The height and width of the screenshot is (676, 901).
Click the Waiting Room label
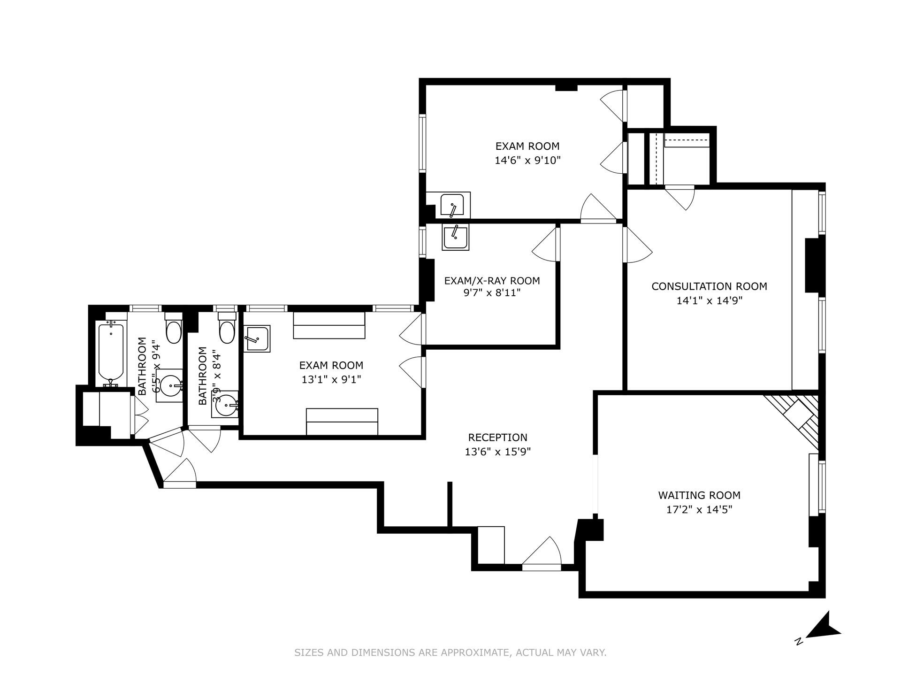(x=699, y=495)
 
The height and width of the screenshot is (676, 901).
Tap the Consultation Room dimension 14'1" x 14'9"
(x=709, y=300)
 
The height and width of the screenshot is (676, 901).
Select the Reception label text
(x=497, y=437)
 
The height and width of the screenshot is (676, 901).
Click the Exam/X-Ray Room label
(x=492, y=280)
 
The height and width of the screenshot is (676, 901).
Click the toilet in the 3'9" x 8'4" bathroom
(x=227, y=331)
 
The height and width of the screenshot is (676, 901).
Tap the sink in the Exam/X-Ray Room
(x=455, y=238)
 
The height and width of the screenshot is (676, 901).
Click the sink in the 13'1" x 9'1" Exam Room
(x=257, y=338)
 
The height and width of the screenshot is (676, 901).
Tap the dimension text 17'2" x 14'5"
(x=699, y=509)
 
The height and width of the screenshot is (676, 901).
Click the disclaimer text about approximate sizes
(x=450, y=653)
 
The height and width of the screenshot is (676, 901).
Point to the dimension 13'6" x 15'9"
(x=497, y=452)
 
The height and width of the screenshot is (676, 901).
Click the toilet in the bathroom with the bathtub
(x=174, y=330)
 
